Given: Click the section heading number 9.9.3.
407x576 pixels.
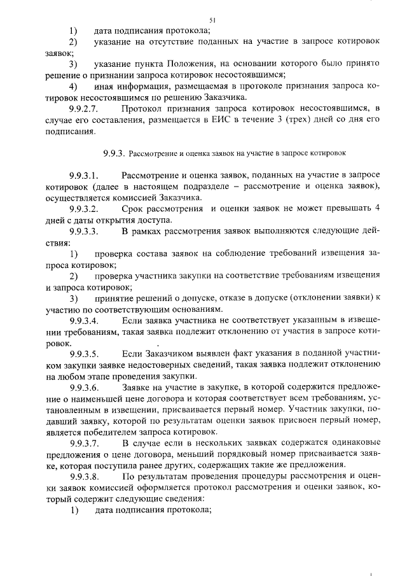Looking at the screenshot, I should pyautogui.click(x=114, y=153).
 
